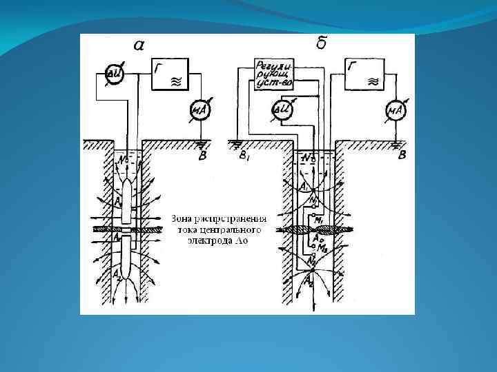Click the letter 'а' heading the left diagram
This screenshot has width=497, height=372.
[139, 45]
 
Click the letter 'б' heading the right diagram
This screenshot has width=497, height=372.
[322, 44]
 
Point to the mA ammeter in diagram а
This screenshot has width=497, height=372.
[199, 110]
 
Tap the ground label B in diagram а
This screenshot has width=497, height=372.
[202, 156]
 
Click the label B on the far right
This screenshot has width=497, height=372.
[402, 155]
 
